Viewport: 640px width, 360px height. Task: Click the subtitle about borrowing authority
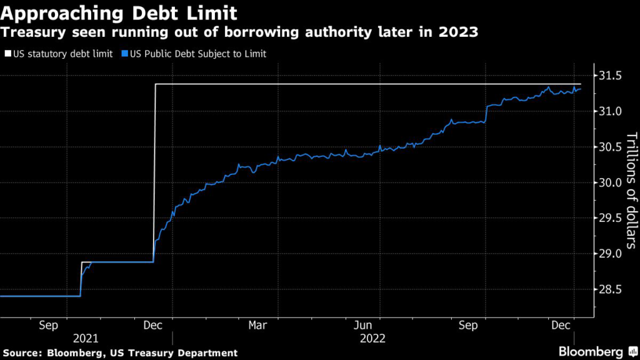(x=239, y=33)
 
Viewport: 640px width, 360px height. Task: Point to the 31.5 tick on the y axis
(x=609, y=76)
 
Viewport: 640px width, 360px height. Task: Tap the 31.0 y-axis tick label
(x=609, y=112)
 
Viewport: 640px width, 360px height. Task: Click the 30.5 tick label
(x=609, y=147)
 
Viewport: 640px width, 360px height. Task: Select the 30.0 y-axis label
(x=609, y=183)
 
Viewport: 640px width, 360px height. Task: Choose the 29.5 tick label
(x=609, y=219)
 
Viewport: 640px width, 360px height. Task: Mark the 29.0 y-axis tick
(x=609, y=254)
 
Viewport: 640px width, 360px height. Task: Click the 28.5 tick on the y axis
(x=609, y=290)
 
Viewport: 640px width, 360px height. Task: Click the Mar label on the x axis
(x=258, y=325)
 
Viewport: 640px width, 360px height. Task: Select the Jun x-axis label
(x=364, y=325)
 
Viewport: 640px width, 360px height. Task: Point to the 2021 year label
(x=86, y=339)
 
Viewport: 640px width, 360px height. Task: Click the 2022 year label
(x=373, y=339)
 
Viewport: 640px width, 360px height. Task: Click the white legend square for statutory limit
(x=7, y=54)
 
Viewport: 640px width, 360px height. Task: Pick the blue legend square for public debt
(x=125, y=54)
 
